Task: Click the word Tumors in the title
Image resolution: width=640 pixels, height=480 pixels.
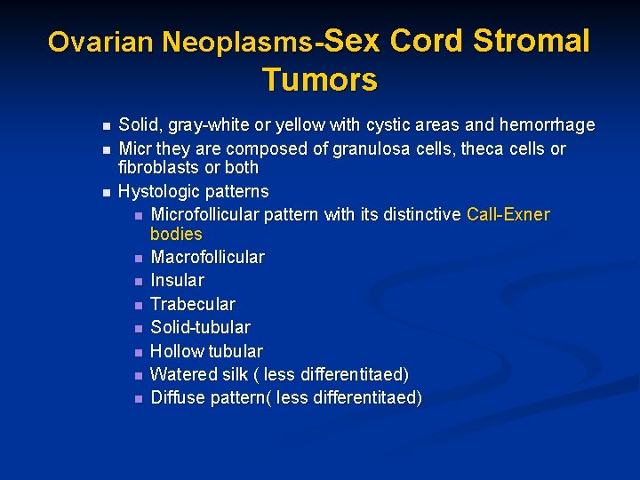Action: click(319, 80)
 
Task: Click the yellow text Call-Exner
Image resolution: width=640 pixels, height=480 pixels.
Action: click(508, 215)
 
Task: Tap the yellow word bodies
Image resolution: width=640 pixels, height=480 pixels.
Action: click(176, 235)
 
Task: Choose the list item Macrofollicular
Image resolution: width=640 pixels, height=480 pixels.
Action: click(207, 258)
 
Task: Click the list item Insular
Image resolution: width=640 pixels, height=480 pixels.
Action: click(177, 281)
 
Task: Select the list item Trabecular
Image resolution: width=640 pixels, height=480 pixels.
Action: click(193, 304)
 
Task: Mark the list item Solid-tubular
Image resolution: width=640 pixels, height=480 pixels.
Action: click(200, 327)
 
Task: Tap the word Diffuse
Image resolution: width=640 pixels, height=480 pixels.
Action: click(178, 397)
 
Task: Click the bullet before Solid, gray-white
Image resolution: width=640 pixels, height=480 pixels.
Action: click(106, 126)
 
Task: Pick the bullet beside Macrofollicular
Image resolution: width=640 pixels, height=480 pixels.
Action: click(138, 259)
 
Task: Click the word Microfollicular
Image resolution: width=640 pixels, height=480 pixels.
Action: click(207, 215)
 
